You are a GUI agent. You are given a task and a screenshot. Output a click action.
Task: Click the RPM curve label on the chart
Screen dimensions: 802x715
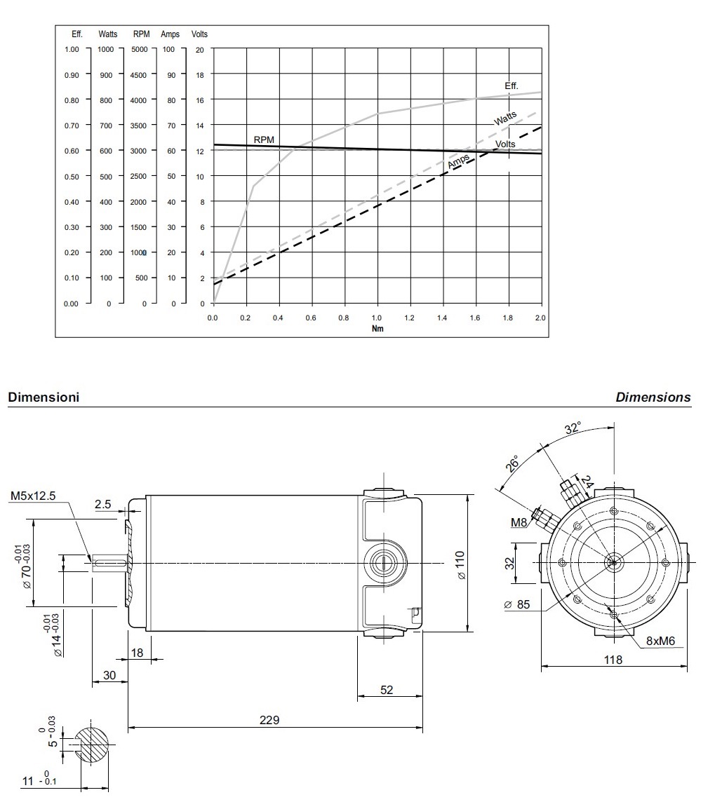coord(264,140)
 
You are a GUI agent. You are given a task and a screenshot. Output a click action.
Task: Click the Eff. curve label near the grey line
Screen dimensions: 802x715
coord(511,86)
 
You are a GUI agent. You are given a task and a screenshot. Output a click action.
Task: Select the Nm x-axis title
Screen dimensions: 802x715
coord(377,328)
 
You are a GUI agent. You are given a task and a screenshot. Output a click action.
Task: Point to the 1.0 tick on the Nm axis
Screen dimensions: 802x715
coord(377,318)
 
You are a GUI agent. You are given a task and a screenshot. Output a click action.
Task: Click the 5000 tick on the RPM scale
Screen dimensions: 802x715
coord(140,49)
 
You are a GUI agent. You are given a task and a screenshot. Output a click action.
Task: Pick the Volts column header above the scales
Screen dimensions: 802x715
coord(199,34)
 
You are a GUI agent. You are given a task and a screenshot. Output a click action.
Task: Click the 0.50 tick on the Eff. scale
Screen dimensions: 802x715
coord(72,176)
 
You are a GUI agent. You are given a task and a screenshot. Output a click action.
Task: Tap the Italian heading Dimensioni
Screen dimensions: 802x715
coord(43,397)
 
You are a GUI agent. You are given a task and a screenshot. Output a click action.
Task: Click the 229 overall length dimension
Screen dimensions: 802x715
coord(270,720)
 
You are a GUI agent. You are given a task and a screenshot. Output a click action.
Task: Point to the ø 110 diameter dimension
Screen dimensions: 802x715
coord(460,565)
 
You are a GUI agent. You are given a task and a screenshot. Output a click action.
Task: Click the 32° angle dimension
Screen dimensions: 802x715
coord(573,428)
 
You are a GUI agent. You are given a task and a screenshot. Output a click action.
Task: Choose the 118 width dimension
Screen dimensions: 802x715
coord(613,660)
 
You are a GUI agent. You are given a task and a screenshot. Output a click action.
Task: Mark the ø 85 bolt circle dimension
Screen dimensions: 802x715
coord(518,604)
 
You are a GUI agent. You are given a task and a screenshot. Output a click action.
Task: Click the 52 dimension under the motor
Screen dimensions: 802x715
coord(387,689)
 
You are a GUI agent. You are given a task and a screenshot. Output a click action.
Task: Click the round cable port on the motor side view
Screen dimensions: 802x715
coord(384,562)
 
